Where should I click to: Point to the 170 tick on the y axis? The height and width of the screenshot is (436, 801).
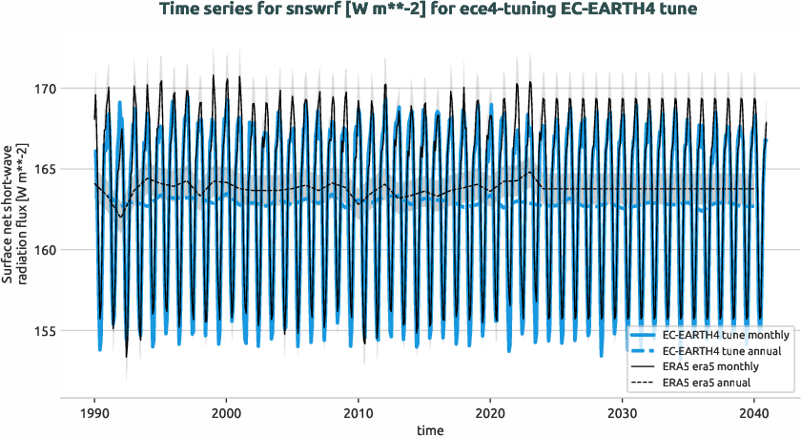point(71,89)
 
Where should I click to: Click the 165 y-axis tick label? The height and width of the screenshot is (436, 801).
point(71,170)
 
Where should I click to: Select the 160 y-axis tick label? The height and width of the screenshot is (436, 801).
point(71,250)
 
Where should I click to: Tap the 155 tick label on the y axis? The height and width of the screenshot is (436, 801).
point(71,331)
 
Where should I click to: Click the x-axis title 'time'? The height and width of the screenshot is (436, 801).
point(429,430)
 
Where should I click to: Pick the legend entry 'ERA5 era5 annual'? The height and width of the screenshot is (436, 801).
point(707,384)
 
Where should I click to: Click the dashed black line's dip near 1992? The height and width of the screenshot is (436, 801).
point(120,217)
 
